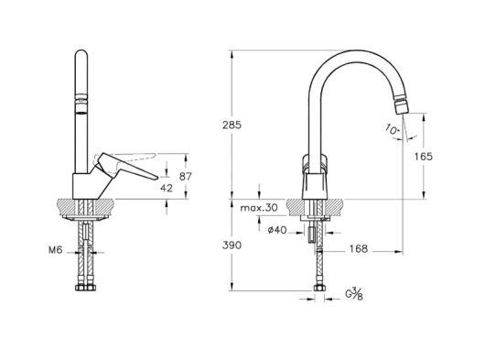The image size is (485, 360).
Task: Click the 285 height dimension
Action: pos(232,125)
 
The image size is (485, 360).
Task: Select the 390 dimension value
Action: pos(232,245)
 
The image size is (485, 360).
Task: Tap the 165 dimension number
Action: pos(423,157)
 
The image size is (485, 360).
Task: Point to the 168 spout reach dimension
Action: pos(359,248)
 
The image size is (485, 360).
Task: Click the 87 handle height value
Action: pos(186,177)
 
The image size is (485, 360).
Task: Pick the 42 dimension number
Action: pos(167,188)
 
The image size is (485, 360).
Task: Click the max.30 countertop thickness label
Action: pos(259,207)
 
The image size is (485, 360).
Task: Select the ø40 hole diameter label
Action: pos(277,230)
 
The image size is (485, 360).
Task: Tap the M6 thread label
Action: pos(56,250)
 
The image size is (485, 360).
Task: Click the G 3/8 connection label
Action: pos(354,293)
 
